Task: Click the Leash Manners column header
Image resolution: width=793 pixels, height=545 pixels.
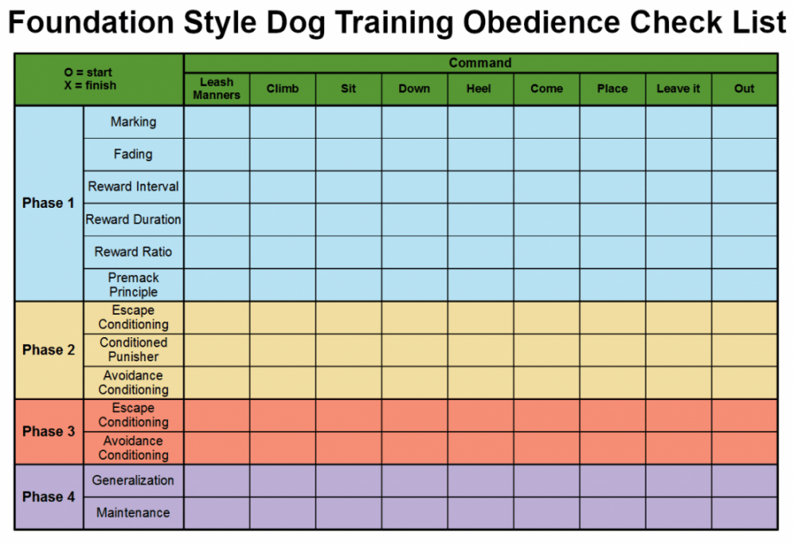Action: tap(216, 89)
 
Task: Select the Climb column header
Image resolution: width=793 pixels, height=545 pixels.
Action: tap(283, 89)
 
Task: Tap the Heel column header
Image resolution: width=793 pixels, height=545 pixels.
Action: tap(480, 89)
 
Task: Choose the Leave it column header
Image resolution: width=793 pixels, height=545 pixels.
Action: tap(678, 89)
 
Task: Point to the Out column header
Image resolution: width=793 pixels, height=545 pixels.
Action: tap(744, 89)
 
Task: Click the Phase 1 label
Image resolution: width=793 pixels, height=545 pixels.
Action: tap(48, 204)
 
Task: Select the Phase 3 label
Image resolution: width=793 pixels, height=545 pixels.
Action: tap(48, 431)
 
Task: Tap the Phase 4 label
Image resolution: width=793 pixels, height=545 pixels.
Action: tap(48, 497)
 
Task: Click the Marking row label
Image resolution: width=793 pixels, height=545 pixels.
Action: tap(134, 122)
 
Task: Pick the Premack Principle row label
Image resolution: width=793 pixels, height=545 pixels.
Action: tap(134, 285)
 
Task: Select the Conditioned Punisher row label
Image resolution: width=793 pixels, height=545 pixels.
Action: tap(134, 349)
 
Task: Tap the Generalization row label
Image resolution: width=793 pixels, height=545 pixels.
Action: tap(134, 480)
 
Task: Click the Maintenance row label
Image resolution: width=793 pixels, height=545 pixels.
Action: tap(134, 513)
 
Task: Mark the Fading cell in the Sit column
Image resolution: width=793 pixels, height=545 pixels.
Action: tap(348, 154)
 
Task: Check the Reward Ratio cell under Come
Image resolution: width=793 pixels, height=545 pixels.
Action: tap(546, 252)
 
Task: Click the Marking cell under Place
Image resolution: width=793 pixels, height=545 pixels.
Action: tap(612, 122)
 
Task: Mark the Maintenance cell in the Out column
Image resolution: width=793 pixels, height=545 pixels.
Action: tap(744, 513)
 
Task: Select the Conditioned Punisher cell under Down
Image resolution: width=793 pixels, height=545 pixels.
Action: tap(415, 349)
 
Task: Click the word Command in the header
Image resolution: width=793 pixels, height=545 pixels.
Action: tap(480, 63)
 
